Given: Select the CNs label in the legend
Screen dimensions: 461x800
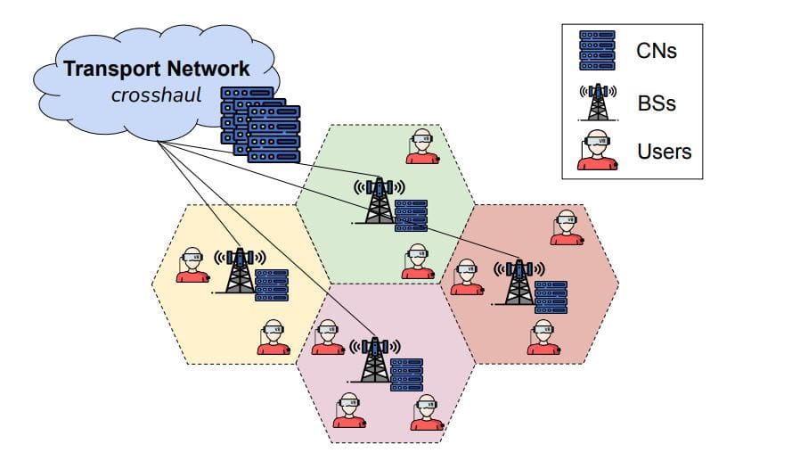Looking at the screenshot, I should pyautogui.click(x=657, y=51).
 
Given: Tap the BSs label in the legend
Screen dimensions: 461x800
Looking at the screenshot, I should pyautogui.click(x=657, y=103).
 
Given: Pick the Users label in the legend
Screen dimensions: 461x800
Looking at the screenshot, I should pyautogui.click(x=664, y=152).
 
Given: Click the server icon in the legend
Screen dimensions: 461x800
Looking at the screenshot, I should pyautogui.click(x=597, y=51).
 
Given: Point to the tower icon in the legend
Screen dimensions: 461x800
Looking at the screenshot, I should pyautogui.click(x=597, y=102).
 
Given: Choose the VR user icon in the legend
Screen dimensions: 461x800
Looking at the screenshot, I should pyautogui.click(x=597, y=151).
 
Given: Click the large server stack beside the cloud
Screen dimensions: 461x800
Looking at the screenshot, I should pyautogui.click(x=260, y=125).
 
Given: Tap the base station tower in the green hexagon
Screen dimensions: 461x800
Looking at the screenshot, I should pyautogui.click(x=379, y=200).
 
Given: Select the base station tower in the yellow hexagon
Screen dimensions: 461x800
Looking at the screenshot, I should pyautogui.click(x=238, y=271).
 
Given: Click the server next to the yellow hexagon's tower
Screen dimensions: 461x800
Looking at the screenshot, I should pyautogui.click(x=271, y=284).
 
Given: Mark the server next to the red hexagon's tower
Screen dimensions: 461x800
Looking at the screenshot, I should pyautogui.click(x=551, y=297).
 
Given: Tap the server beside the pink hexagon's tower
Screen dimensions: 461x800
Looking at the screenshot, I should pyautogui.click(x=406, y=375).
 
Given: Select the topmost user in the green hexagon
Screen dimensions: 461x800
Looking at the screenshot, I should pyautogui.click(x=422, y=148).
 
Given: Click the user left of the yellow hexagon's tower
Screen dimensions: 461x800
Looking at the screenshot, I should pyautogui.click(x=192, y=266).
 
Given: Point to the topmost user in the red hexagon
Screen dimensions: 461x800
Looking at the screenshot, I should pyautogui.click(x=566, y=227).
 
